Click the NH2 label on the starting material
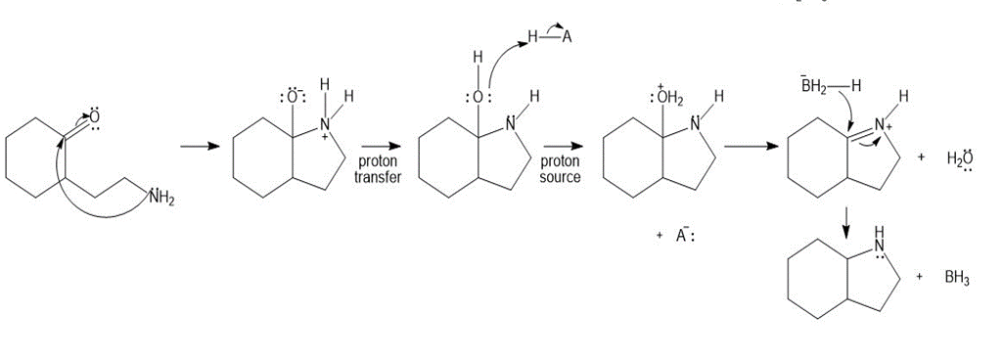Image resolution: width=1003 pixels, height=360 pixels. (x=161, y=198)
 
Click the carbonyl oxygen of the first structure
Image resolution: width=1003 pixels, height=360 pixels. (x=95, y=117)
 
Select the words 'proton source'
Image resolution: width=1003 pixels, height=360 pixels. (x=561, y=169)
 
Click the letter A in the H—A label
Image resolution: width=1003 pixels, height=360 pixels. (x=566, y=38)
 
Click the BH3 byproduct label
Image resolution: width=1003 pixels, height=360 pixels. (x=956, y=279)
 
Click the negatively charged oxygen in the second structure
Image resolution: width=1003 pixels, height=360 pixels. (x=294, y=99)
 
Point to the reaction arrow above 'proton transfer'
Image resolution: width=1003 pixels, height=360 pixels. (x=381, y=147)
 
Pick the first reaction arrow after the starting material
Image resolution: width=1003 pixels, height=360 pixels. (x=200, y=147)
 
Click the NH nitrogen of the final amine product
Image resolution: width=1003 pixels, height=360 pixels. (x=881, y=247)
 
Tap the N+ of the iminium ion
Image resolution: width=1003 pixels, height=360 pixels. (x=883, y=126)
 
